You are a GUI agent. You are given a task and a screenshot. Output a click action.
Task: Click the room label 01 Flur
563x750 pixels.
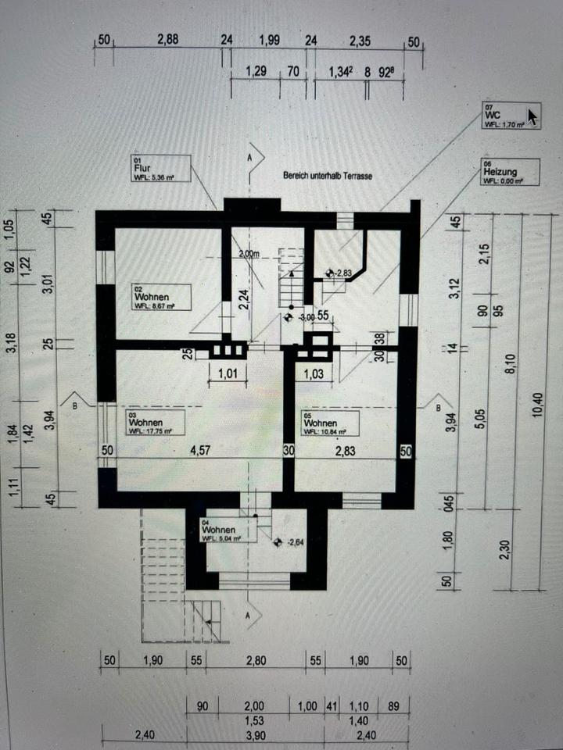(x=152, y=169)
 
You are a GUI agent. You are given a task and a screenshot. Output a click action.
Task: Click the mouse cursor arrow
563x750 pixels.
(x=533, y=117)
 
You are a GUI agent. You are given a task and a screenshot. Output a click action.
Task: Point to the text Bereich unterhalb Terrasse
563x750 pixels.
(x=328, y=177)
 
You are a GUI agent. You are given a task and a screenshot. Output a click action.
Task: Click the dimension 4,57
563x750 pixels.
(x=200, y=450)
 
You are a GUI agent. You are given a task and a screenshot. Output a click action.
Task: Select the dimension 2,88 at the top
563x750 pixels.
(x=168, y=41)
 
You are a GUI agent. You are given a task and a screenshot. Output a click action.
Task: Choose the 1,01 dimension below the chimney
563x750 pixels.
(x=227, y=373)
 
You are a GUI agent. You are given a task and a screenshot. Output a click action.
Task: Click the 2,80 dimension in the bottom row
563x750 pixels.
(x=256, y=660)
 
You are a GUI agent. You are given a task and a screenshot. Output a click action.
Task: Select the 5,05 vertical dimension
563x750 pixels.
(x=481, y=420)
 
